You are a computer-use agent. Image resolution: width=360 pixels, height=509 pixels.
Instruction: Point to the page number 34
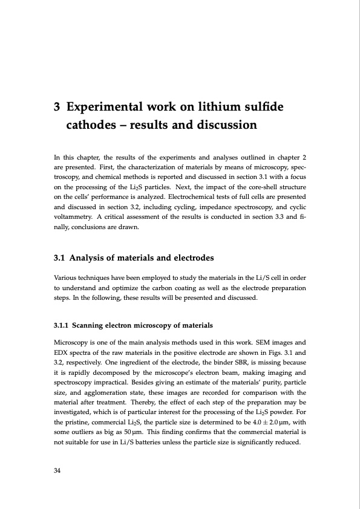(x=59, y=470)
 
